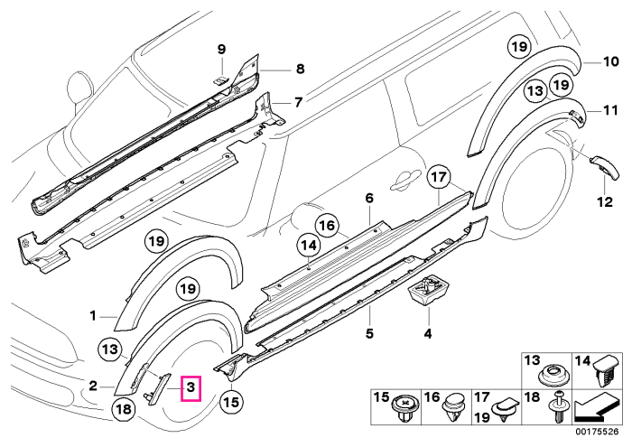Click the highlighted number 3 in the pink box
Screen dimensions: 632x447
click(x=191, y=388)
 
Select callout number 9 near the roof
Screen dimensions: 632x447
click(x=221, y=50)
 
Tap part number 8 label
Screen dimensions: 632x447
click(x=301, y=69)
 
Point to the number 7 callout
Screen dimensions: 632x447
click(x=298, y=102)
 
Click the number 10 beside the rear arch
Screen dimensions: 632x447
click(x=610, y=61)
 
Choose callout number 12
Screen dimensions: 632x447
click(x=605, y=201)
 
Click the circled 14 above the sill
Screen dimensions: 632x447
click(x=309, y=246)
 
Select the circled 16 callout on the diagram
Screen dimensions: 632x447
click(x=327, y=226)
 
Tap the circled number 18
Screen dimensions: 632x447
click(x=124, y=409)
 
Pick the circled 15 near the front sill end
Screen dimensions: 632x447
click(x=232, y=402)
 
